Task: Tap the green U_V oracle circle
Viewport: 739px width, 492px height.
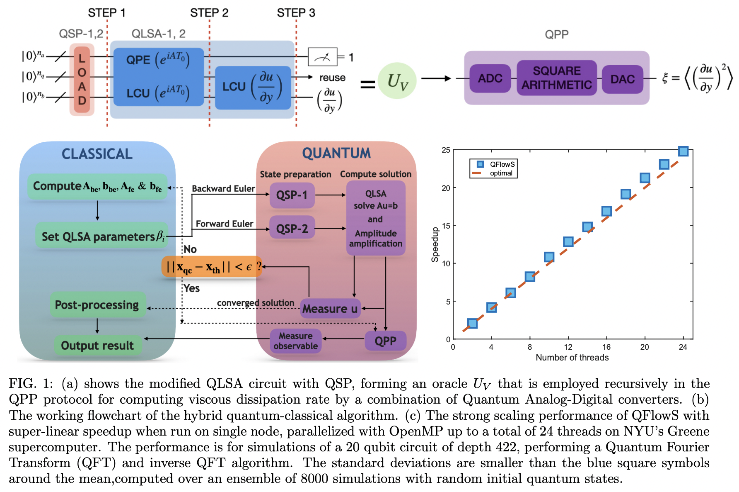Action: (x=397, y=81)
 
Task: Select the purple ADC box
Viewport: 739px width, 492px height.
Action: (x=490, y=78)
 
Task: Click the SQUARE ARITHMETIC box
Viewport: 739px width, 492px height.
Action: (x=556, y=78)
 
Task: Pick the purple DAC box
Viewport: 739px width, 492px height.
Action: (x=622, y=79)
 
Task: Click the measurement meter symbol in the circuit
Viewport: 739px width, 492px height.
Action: (x=323, y=57)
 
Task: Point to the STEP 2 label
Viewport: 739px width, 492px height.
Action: (x=209, y=13)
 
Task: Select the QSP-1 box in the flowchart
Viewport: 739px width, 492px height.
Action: (x=292, y=195)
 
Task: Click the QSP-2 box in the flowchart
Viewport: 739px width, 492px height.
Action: (x=292, y=229)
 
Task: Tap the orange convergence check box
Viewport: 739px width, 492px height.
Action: (x=212, y=267)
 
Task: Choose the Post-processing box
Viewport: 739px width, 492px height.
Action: (x=97, y=305)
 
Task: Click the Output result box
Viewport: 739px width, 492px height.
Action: (x=97, y=346)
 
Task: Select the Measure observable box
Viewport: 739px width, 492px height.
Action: (x=295, y=341)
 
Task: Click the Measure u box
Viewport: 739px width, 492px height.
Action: (x=330, y=309)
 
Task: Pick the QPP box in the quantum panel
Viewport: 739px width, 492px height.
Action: (x=385, y=341)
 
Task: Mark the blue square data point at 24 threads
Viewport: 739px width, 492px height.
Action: (x=683, y=151)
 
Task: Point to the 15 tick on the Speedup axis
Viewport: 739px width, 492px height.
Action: (x=446, y=226)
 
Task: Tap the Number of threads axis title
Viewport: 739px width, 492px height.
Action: (x=572, y=358)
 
